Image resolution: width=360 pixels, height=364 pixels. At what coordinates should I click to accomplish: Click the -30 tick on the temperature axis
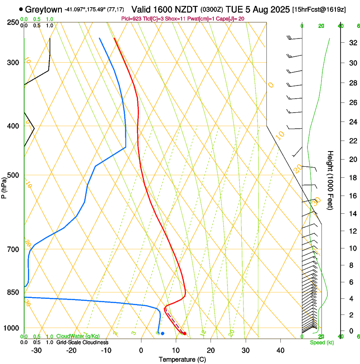[36, 350]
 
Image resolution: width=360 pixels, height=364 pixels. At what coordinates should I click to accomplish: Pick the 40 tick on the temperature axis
[280, 350]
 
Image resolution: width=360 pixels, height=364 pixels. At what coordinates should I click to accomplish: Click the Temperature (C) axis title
[182, 359]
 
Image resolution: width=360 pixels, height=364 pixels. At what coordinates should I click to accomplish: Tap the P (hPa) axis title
[4, 187]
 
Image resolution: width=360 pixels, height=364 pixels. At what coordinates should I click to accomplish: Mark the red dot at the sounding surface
[184, 334]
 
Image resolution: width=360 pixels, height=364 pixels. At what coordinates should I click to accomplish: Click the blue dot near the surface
[163, 334]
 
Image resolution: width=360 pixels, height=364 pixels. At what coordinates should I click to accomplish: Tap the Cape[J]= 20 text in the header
[230, 18]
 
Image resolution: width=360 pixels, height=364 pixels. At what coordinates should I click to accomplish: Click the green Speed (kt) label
[322, 342]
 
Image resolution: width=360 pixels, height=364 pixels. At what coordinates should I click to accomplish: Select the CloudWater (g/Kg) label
[78, 336]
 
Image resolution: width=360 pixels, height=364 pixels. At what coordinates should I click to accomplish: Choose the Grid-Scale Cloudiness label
[82, 342]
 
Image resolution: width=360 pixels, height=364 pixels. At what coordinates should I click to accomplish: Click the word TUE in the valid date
[234, 9]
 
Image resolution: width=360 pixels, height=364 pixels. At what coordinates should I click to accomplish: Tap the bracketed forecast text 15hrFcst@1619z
[319, 9]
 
